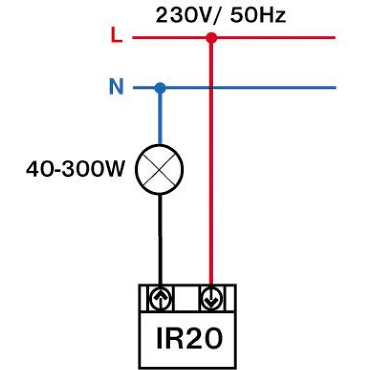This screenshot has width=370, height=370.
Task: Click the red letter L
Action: tap(117, 37)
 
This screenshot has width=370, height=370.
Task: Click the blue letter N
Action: tap(116, 87)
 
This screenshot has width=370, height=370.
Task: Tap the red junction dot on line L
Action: tap(211, 38)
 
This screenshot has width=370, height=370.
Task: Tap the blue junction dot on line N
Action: tap(160, 87)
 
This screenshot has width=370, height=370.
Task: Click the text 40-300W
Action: tap(75, 170)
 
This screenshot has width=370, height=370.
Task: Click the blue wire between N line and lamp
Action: tap(160, 118)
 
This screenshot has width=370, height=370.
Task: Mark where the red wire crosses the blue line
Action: tap(211, 87)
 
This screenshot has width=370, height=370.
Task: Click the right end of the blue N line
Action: tap(334, 87)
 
